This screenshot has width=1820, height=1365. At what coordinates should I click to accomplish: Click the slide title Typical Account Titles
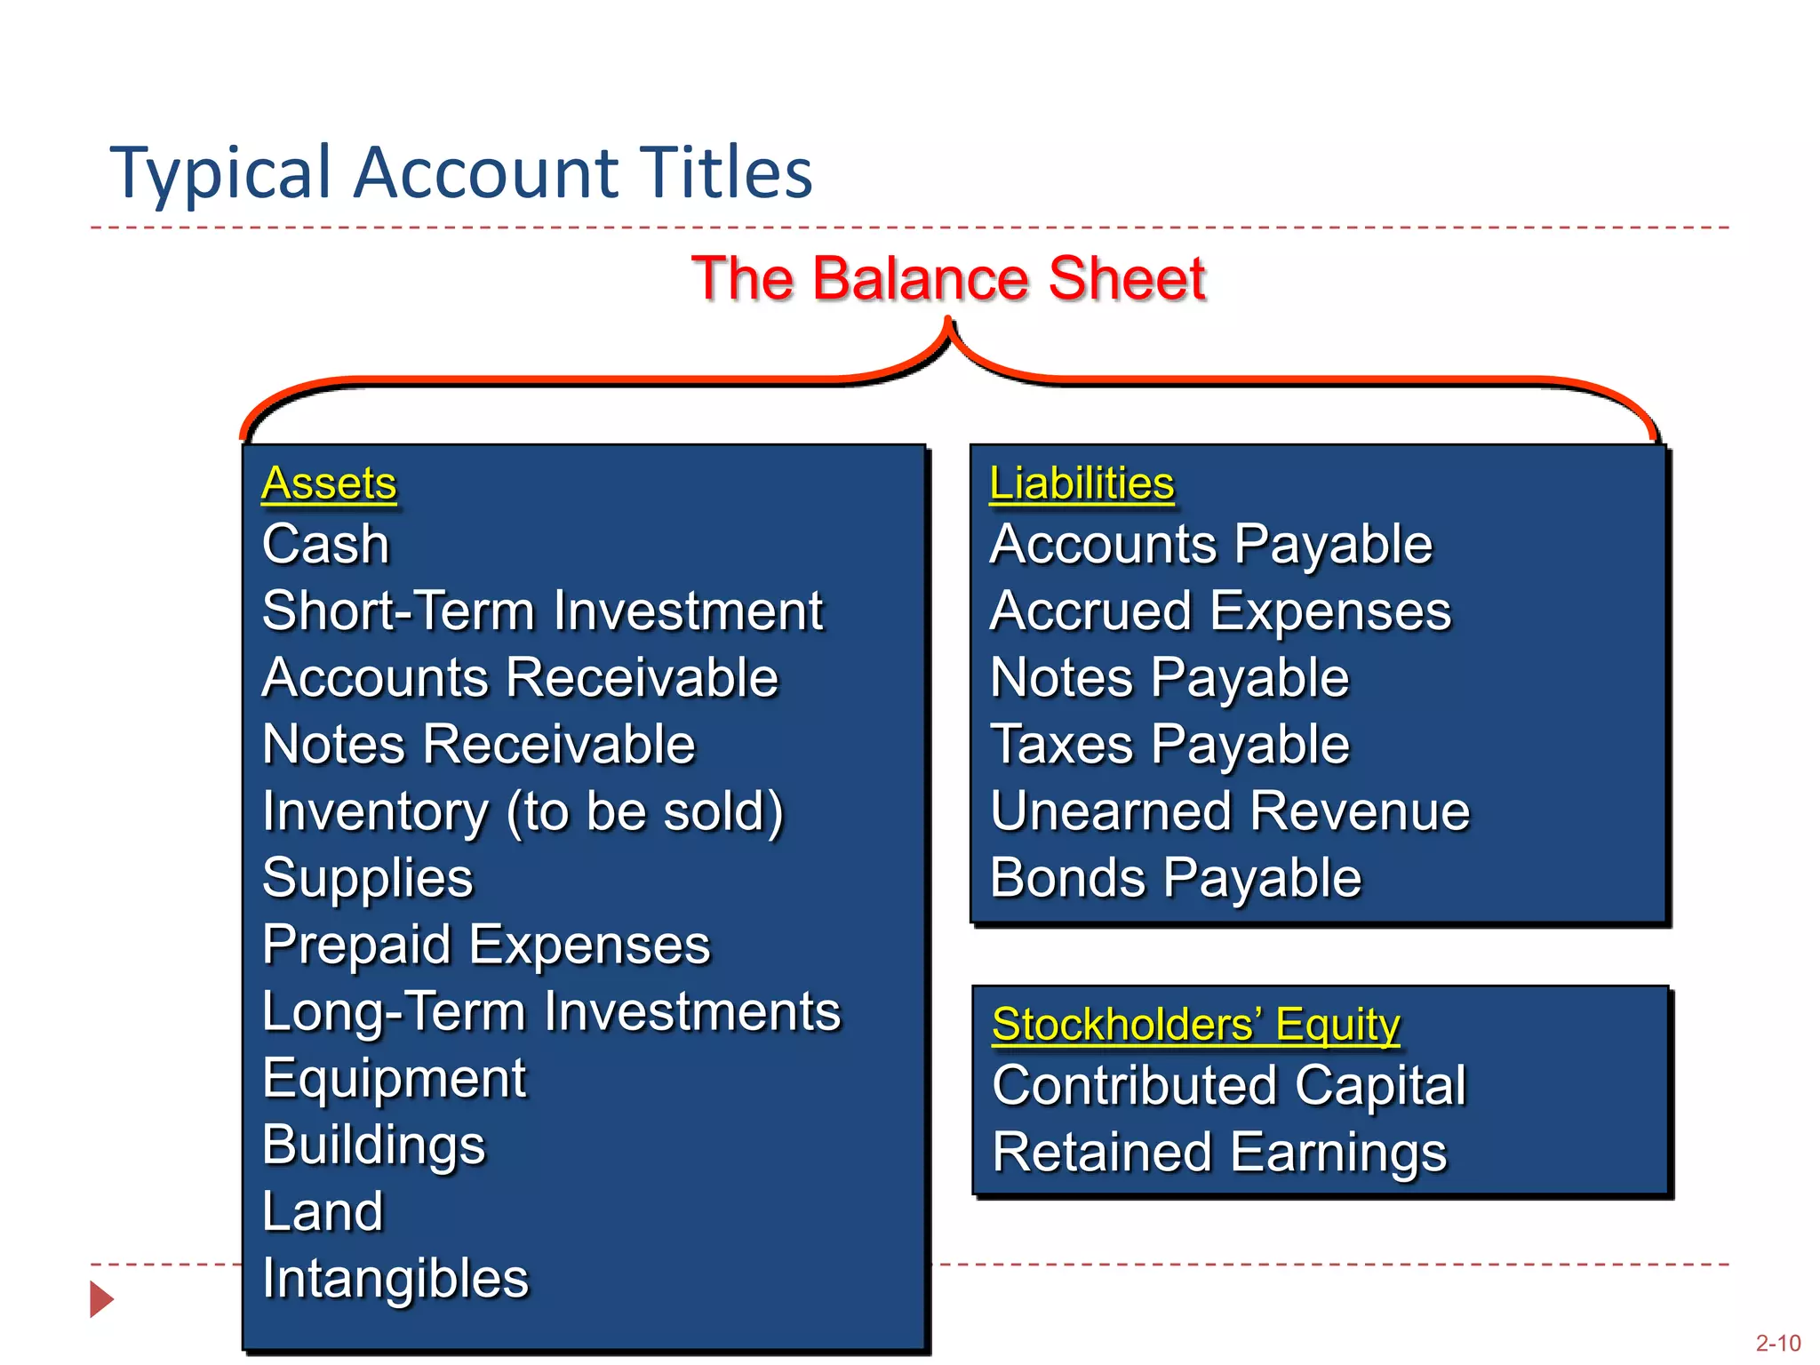460,172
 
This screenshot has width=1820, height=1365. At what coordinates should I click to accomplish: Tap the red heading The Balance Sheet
948,279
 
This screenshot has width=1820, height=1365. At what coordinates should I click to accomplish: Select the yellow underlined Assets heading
329,484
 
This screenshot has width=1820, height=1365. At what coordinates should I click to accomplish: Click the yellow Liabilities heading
1082,484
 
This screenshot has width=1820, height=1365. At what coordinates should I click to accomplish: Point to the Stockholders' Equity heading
1195,1025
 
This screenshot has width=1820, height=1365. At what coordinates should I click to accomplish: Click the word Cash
326,544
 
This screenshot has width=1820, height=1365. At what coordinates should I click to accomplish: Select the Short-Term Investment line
543,611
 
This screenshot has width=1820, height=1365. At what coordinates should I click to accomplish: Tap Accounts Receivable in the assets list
520,678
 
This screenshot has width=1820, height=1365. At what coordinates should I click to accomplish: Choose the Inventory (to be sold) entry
523,812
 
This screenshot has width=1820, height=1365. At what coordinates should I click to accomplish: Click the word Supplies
368,879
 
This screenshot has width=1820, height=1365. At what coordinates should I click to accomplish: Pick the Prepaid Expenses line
486,945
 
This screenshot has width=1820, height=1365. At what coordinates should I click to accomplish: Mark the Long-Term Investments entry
551,1012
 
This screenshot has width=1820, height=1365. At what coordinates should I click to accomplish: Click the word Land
323,1212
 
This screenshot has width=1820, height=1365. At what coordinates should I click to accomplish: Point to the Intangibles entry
395,1279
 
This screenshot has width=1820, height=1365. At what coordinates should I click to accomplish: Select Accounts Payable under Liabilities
1210,544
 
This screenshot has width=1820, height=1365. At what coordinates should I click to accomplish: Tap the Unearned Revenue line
1230,812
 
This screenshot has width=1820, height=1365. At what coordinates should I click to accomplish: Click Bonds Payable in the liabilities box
1175,879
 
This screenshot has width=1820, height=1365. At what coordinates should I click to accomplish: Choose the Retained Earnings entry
1219,1153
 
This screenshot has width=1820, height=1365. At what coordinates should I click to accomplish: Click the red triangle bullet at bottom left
101,1299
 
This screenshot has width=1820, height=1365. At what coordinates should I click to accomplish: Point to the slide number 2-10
1777,1343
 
